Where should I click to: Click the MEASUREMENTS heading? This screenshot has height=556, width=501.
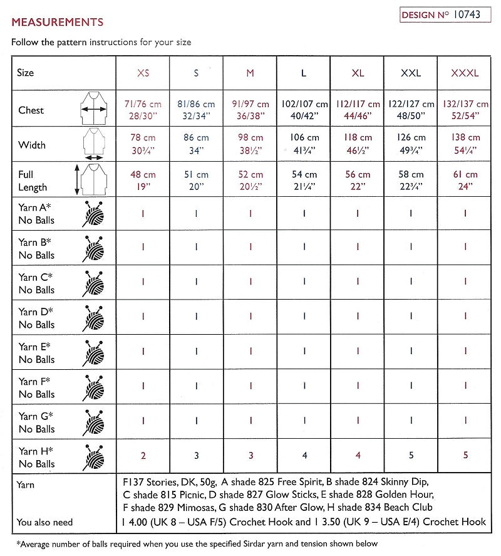click(57, 22)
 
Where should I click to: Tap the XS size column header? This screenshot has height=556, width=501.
click(143, 73)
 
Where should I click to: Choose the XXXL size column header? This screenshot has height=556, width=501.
click(465, 73)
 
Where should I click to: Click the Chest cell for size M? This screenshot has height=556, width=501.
click(250, 110)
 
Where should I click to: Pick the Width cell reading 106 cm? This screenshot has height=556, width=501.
click(304, 144)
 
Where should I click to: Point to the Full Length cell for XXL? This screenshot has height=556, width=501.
click(411, 181)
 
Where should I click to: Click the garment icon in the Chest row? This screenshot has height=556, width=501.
click(93, 109)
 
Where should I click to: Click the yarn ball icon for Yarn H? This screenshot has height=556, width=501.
click(93, 458)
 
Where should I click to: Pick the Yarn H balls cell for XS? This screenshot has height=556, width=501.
click(143, 456)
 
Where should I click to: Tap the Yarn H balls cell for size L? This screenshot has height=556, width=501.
click(304, 456)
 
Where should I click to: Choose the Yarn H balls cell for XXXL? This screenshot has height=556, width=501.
click(465, 456)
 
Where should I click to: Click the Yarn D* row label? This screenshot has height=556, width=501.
click(36, 318)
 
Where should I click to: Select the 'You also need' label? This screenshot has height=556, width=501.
click(45, 522)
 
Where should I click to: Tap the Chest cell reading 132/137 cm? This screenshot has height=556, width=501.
click(465, 110)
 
